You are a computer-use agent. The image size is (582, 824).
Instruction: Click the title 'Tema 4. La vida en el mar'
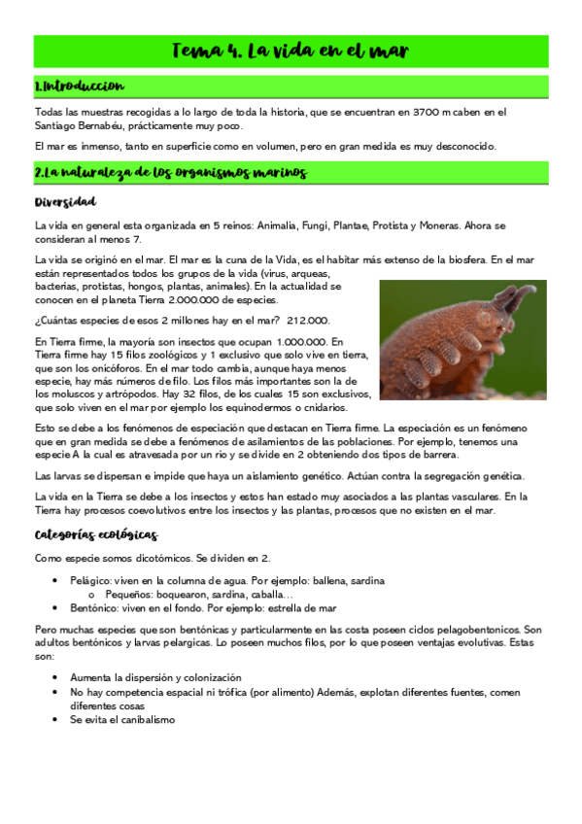point(291,50)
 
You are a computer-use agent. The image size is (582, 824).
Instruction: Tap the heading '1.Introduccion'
point(79,86)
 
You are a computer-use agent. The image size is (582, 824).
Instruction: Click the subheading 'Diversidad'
point(65,202)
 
